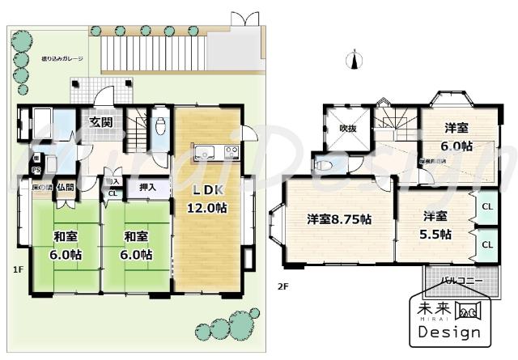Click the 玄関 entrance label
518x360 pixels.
coord(101,122)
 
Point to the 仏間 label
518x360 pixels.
coord(65,187)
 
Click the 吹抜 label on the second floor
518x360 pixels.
coord(348,128)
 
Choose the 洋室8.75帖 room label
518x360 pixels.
coord(338,218)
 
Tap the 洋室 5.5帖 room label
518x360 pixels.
coord(435,225)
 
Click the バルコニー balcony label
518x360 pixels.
coord(462,282)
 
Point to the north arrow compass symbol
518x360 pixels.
coord(354,59)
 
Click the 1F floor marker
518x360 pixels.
coord(17,269)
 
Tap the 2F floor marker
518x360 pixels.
coord(283,286)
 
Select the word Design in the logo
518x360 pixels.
coord(449,332)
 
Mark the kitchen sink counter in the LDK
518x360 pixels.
coord(214,151)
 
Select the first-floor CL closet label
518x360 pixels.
coord(113,193)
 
